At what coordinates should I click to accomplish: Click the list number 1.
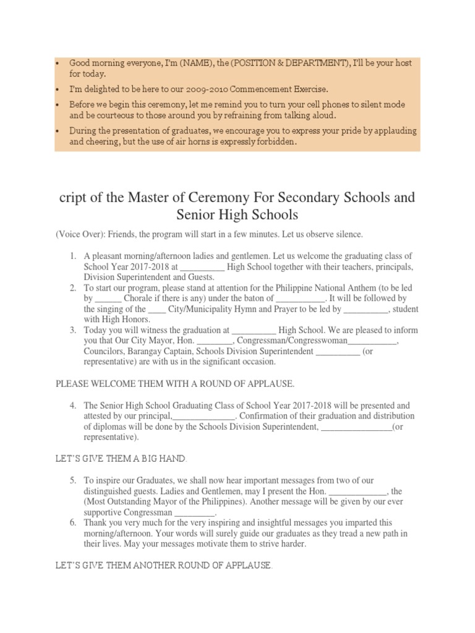point(72,256)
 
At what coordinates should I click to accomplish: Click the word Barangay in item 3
point(145,352)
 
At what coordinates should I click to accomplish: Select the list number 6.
point(72,522)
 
